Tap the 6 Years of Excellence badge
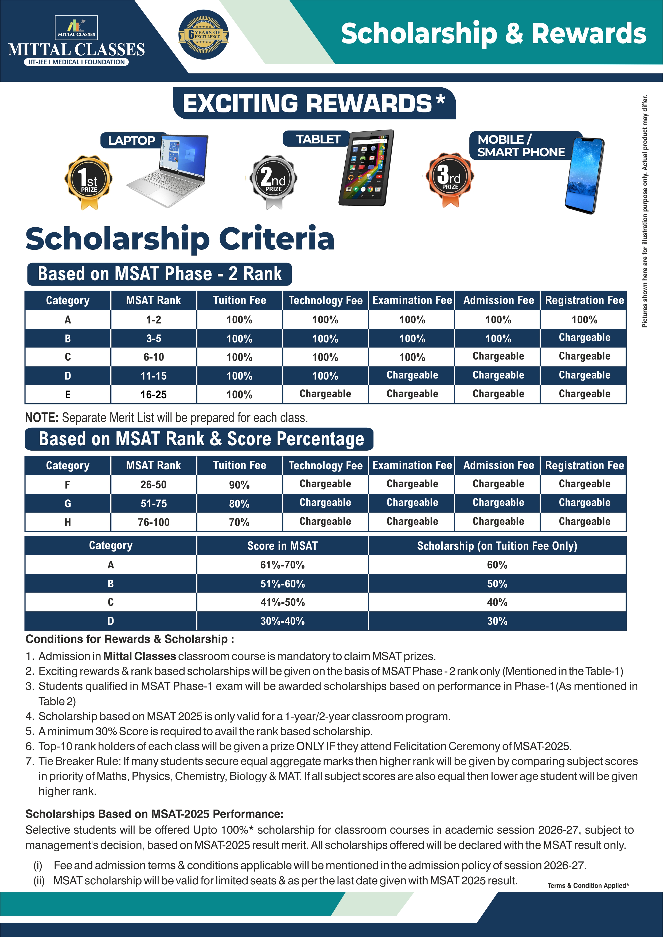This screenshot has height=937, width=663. point(203,35)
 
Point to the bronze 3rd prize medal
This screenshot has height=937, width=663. point(450,179)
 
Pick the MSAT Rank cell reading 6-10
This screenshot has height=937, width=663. point(154,357)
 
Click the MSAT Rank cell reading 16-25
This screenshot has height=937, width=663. point(154,395)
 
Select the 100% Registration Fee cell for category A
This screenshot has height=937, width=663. point(584,319)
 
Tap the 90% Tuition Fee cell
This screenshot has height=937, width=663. point(239,485)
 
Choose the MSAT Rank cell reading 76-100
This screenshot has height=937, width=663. point(154,522)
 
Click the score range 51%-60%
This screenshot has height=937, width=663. point(283,584)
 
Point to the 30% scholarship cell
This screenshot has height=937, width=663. point(497,621)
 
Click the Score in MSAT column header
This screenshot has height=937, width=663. point(283,546)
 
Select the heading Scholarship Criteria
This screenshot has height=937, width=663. point(180,239)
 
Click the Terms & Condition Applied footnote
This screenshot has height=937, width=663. point(588,885)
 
